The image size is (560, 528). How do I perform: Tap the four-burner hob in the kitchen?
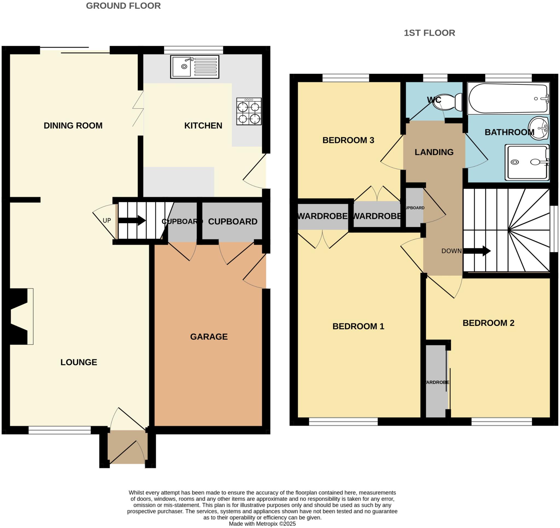(249, 111)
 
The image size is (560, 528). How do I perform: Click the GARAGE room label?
(209, 337)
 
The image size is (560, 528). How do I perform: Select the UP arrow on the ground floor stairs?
(132, 220)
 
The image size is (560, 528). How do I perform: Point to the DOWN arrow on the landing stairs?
(477, 251)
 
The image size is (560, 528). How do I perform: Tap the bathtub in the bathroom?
(508, 98)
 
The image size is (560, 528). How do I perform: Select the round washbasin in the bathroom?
(538, 128)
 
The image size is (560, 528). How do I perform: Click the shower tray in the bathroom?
(527, 162)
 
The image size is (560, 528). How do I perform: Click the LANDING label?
(434, 152)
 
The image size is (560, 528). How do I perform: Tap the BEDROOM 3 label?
(348, 140)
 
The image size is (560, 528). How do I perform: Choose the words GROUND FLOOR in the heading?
(123, 6)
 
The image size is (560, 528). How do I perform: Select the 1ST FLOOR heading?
(429, 33)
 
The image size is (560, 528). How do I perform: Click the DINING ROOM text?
(73, 126)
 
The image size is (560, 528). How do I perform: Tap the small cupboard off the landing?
(414, 208)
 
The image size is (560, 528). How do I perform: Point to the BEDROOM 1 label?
(358, 326)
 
